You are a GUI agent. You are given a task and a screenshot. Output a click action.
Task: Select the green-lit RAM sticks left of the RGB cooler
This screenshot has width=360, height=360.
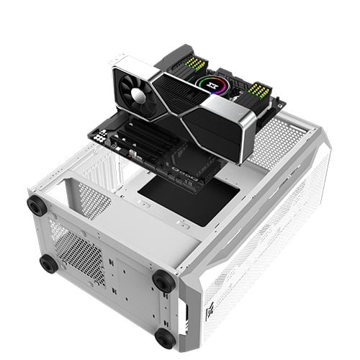[197, 63]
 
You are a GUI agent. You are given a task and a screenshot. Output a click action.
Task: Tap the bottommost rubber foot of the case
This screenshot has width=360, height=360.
[165, 337]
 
